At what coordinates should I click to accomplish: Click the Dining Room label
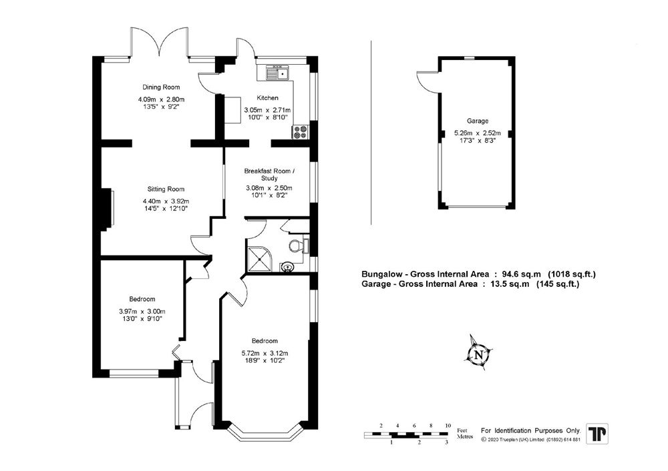161,87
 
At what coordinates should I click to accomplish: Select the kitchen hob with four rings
301,131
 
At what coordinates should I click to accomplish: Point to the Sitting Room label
166,189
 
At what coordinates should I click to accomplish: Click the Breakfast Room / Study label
269,174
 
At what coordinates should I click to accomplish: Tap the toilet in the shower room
298,246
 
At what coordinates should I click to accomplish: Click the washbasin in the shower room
289,268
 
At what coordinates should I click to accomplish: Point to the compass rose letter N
479,354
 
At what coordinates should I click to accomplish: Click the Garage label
477,121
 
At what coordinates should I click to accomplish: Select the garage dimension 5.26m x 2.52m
477,133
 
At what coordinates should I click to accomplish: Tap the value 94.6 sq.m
523,274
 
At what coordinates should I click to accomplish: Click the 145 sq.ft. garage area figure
558,284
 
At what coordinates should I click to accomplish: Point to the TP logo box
597,434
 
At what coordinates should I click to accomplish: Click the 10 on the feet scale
448,426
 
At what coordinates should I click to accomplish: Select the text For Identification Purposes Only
530,430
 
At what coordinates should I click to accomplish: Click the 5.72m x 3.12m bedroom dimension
265,353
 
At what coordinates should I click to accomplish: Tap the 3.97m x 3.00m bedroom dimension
142,311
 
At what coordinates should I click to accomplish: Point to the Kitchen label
268,98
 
